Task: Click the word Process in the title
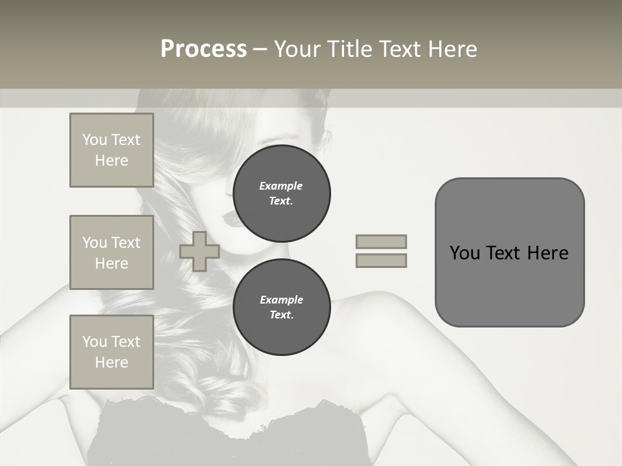203,49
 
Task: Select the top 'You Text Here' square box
111,150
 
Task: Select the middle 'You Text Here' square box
111,252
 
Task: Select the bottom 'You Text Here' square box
111,352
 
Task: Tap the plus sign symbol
200,251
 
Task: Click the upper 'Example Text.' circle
281,194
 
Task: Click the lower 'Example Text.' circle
281,307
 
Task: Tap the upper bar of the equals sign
382,241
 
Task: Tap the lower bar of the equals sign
382,260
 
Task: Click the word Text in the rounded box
503,253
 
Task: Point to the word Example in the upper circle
281,186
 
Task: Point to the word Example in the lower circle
281,300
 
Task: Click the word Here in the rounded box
547,253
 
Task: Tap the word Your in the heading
297,49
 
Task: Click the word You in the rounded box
465,253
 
